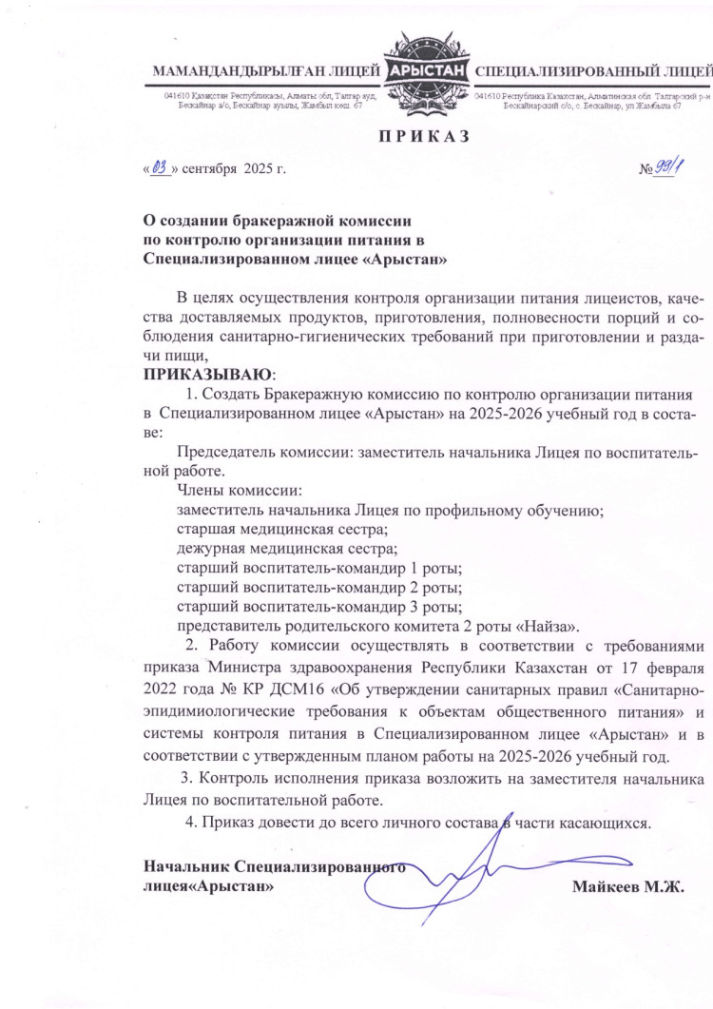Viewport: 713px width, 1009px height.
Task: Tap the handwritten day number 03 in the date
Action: (159, 169)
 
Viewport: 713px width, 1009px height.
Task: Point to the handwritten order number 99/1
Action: (666, 169)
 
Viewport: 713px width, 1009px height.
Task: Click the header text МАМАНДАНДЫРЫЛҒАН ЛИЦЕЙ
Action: (266, 71)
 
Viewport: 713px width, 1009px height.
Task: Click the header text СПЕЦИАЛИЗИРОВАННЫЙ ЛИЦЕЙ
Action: (592, 71)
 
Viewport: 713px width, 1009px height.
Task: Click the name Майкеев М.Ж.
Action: (628, 886)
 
